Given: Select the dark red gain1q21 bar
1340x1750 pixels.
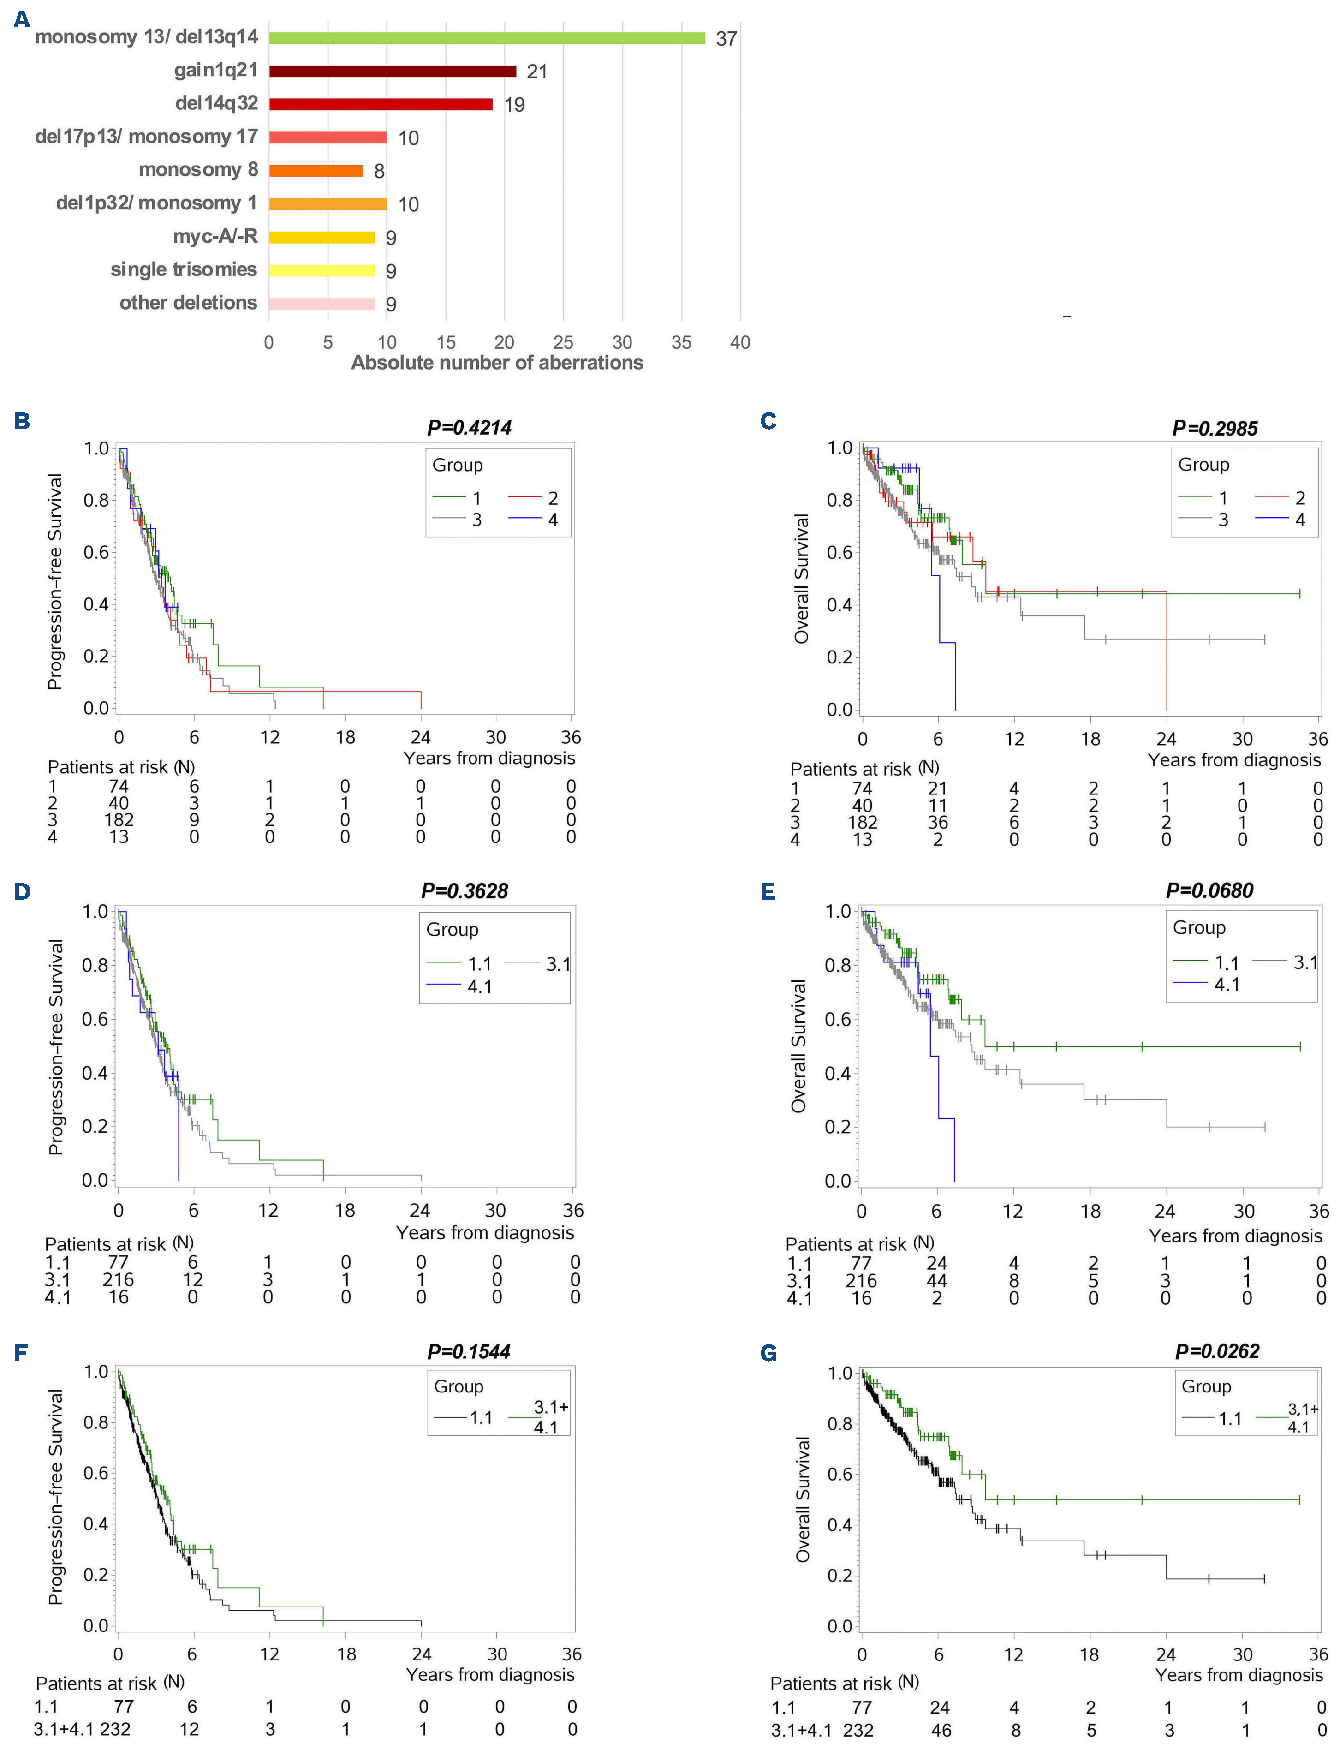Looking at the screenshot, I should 393,71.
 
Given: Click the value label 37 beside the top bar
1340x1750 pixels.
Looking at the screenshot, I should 726,38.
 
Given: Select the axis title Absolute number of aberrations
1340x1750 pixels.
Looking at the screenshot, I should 497,363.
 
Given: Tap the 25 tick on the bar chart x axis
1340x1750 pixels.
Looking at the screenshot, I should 563,343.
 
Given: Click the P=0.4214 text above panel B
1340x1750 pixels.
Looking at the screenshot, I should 469,428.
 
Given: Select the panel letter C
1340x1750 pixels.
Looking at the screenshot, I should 768,421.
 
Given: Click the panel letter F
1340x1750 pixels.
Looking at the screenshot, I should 22,1353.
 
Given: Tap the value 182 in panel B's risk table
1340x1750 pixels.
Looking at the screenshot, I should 119,820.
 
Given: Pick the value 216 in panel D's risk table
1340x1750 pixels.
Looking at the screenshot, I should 118,1279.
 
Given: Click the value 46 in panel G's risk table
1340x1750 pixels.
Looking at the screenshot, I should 941,1730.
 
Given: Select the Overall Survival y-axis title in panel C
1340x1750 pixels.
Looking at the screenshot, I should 801,578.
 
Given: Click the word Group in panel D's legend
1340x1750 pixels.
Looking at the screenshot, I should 452,929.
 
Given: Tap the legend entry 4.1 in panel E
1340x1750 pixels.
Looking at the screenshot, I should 1227,984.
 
